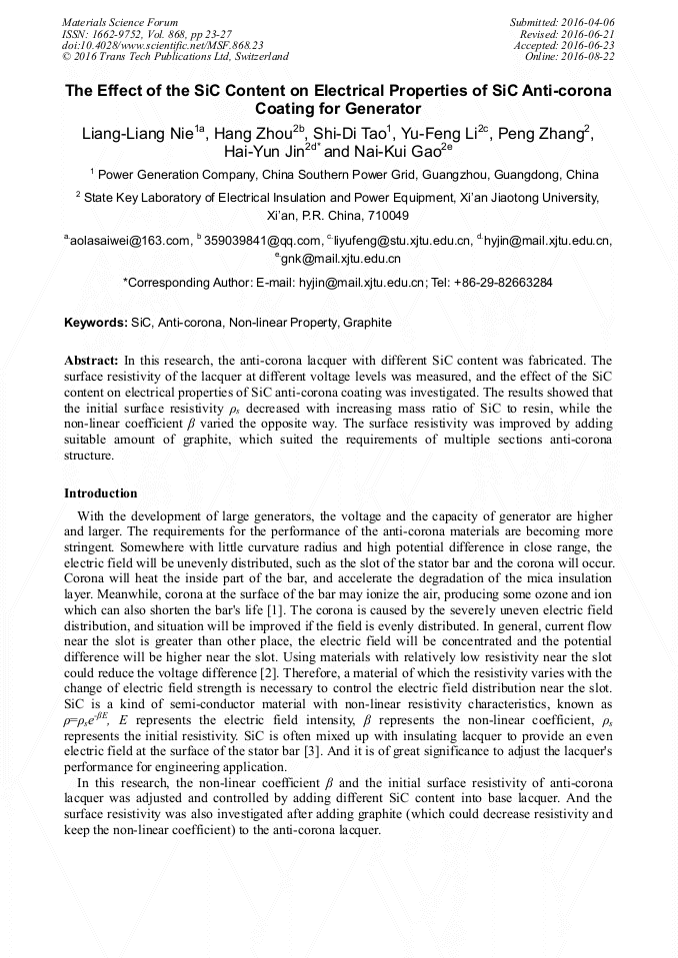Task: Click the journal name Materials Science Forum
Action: (x=120, y=21)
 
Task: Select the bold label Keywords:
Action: (x=96, y=324)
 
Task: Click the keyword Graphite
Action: (x=367, y=324)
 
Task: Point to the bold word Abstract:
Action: (x=91, y=359)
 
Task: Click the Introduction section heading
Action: (x=101, y=493)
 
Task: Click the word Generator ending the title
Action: (x=378, y=109)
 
